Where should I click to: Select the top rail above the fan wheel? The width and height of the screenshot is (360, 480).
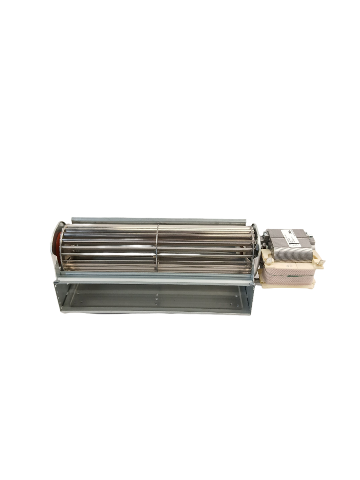[159, 219]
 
